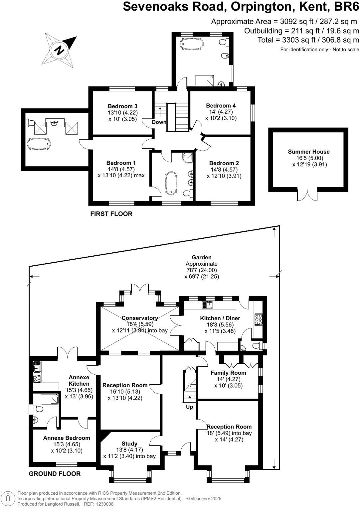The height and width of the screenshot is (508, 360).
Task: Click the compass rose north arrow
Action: (59, 50)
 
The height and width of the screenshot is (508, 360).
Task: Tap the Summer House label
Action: (308, 152)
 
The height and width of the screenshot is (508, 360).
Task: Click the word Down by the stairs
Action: (159, 122)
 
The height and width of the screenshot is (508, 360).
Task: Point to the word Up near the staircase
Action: (189, 407)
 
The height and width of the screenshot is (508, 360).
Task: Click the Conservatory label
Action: (139, 318)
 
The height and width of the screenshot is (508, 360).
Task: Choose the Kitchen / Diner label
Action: (220, 318)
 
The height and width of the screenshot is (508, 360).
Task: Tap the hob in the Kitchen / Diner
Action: (258, 319)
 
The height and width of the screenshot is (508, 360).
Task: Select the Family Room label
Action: (228, 373)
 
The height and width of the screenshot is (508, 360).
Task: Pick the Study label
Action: (129, 444)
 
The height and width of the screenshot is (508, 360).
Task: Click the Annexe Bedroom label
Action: (67, 438)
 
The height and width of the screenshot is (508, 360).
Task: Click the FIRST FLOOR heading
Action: (111, 214)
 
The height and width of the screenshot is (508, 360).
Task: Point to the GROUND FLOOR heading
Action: (55, 474)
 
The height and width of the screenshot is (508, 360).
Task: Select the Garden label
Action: (201, 257)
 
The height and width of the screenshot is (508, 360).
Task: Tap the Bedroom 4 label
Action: (221, 106)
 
